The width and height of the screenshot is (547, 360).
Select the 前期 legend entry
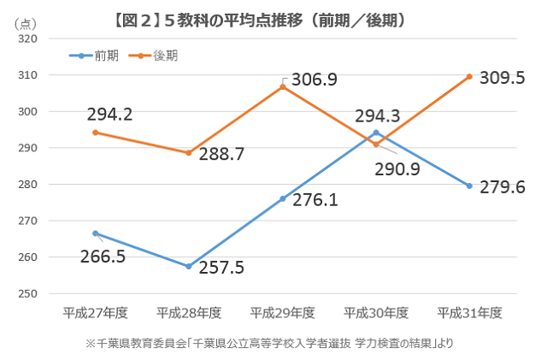coord(97,56)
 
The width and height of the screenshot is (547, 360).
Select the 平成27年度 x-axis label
coord(95,313)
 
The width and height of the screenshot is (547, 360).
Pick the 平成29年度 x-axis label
coord(282,313)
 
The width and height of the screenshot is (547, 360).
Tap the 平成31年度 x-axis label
coord(469,313)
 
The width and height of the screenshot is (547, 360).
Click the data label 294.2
coord(109,114)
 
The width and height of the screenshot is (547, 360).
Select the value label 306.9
coord(314,80)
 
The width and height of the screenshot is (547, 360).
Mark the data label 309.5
coord(502,78)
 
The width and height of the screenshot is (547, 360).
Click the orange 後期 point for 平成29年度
coord(283,86)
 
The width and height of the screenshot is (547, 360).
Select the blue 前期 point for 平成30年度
coord(376,133)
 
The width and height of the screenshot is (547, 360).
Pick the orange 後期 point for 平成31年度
coord(469,77)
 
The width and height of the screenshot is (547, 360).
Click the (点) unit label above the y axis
coord(26,21)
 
